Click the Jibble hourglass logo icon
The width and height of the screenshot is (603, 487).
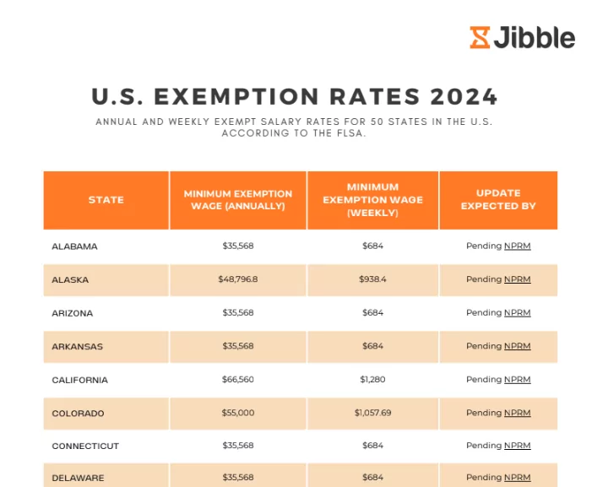point(480,37)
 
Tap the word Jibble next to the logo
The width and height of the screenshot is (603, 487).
point(535,37)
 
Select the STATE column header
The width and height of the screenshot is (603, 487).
point(106,200)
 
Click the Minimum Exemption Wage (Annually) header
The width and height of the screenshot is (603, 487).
point(238,200)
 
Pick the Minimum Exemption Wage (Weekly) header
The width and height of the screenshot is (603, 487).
point(372,200)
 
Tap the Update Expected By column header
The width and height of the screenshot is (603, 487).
point(498,199)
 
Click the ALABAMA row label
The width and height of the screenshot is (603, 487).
point(75,246)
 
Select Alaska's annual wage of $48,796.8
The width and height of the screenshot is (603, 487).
point(238,279)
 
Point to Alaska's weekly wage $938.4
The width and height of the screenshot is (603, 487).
point(372,279)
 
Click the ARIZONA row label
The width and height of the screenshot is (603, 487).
point(73,313)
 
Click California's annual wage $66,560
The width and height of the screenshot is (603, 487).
point(238,380)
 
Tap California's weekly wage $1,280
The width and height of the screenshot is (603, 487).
point(372,380)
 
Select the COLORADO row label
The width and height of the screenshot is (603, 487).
point(78,414)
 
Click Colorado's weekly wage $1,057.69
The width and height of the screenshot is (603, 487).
point(372,414)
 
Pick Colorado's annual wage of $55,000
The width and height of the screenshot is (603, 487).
point(238,414)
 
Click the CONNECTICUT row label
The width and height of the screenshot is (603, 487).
point(85,446)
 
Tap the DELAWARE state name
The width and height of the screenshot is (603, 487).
point(78,478)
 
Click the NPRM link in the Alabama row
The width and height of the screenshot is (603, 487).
point(518,246)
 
